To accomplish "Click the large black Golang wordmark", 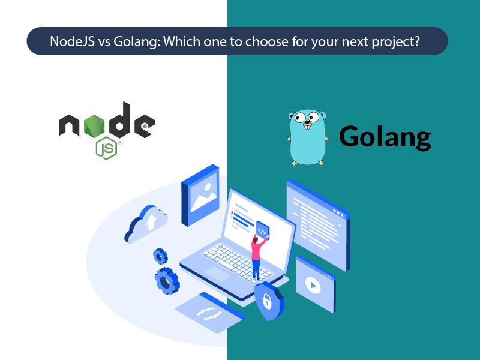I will [385, 137].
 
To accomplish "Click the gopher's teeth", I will [308, 127].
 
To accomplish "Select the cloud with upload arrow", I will [145, 223].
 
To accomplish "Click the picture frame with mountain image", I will [200, 195].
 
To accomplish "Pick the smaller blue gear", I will [160, 256].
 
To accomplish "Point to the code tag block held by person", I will [262, 229].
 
